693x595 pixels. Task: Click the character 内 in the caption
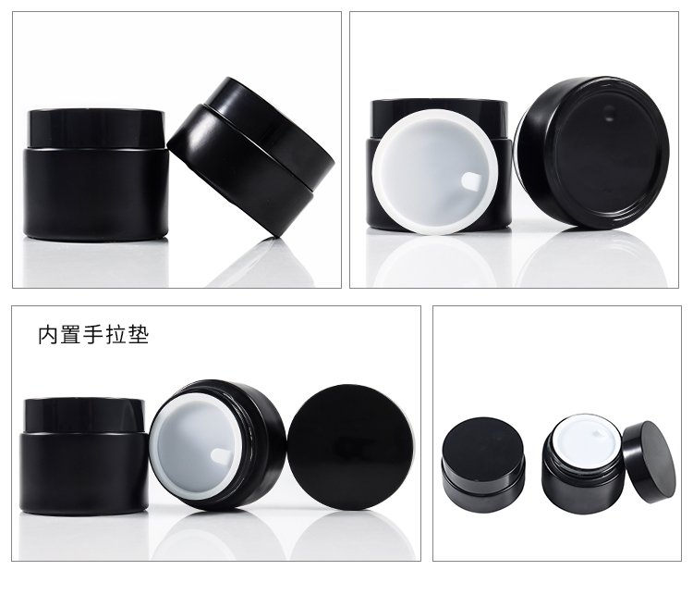[x=49, y=335]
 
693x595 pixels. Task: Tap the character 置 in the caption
[x=71, y=335]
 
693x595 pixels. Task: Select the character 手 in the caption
[x=93, y=335]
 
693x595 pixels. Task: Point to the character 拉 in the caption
[x=115, y=335]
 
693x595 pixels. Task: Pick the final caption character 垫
[x=138, y=335]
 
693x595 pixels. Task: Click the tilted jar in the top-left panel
[x=251, y=155]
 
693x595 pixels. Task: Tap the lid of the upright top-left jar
[x=96, y=128]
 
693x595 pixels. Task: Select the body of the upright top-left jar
[x=95, y=195]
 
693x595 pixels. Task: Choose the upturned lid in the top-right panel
[x=592, y=153]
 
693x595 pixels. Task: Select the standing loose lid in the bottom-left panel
[x=351, y=447]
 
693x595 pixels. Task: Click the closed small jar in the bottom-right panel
[x=483, y=455]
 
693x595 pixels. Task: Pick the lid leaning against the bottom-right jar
[x=650, y=462]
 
